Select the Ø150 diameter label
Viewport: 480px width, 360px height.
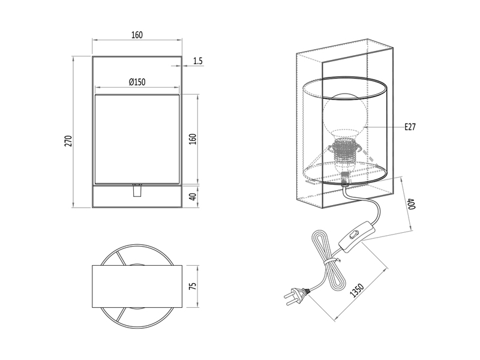(137, 82)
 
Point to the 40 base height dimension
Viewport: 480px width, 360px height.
(193, 197)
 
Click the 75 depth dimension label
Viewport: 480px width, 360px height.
(193, 286)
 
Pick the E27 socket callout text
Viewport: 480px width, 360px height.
(410, 127)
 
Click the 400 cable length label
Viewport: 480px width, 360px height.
(411, 203)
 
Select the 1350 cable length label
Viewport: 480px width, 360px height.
(356, 290)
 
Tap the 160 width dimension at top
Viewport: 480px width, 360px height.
(136, 35)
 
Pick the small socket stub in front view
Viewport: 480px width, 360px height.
(137, 190)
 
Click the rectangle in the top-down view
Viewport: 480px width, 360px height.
(137, 286)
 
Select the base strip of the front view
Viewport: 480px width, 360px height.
(137, 197)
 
